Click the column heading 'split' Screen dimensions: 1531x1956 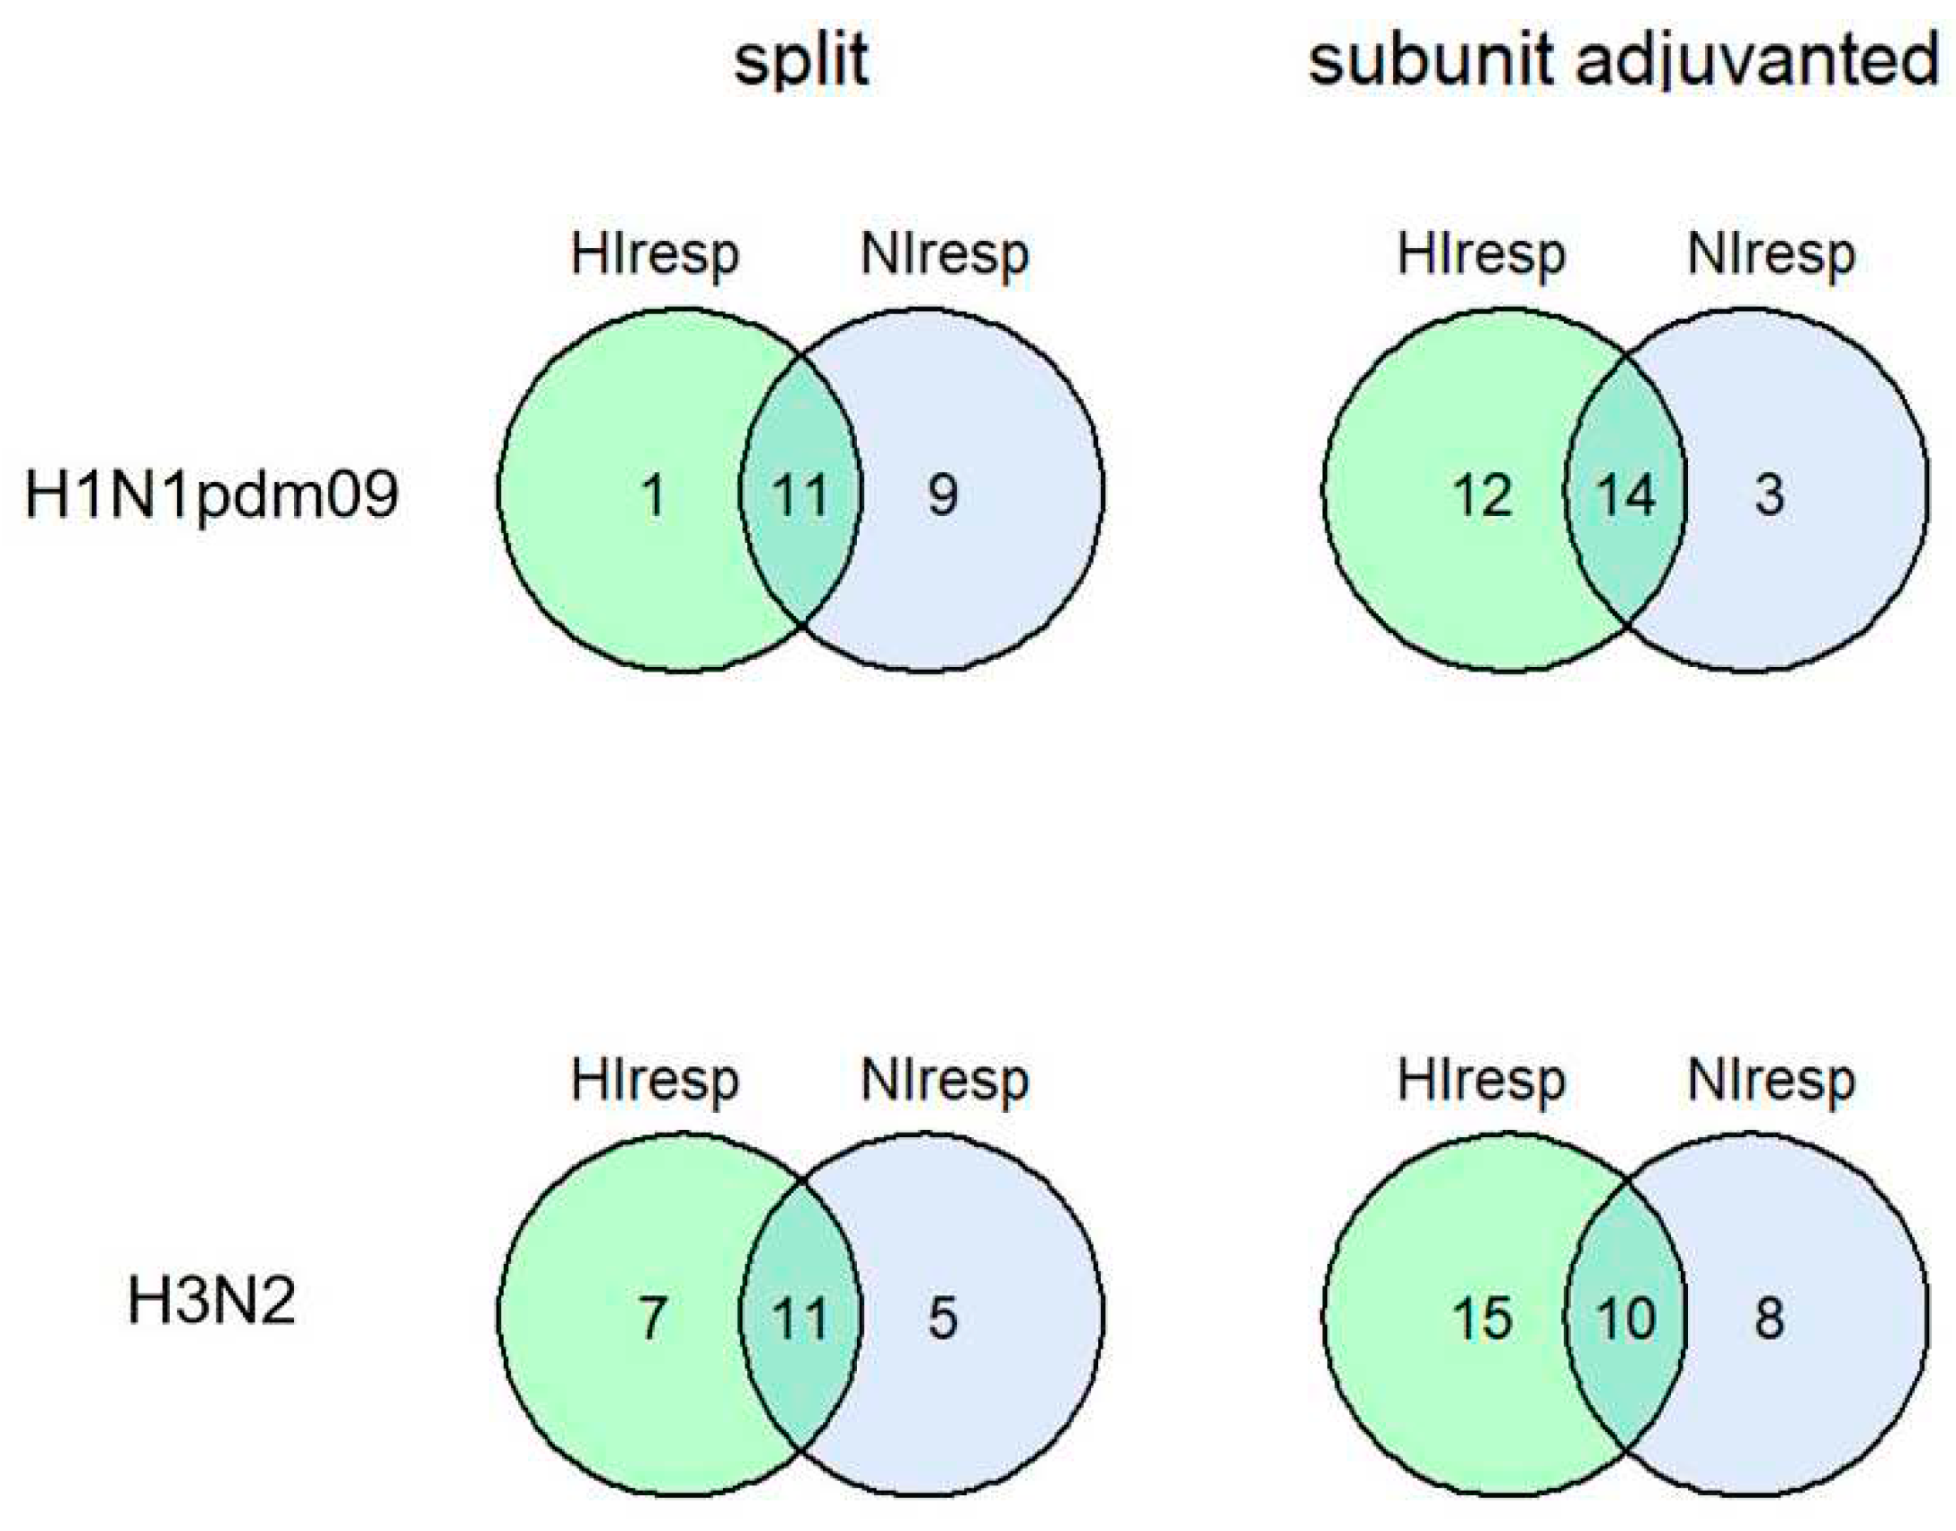click(800, 61)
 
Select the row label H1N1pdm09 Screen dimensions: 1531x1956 click(211, 495)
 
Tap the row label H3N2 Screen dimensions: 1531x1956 click(211, 1301)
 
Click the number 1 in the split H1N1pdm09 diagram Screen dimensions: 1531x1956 click(654, 495)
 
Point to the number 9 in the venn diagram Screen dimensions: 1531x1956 click(942, 495)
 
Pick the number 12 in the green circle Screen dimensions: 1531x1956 click(1482, 495)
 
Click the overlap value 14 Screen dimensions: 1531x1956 click(1625, 495)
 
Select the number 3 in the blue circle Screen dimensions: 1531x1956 click(1769, 495)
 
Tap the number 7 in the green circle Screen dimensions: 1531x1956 click(652, 1319)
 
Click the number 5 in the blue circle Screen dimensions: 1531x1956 click(942, 1319)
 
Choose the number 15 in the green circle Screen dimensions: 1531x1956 click(1482, 1319)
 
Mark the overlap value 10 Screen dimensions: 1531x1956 click(1625, 1319)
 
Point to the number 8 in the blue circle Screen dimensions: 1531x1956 click(1769, 1319)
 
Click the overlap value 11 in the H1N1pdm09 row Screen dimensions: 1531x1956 click(799, 495)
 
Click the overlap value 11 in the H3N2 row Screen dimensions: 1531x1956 click(799, 1319)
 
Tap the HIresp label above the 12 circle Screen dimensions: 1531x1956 click(1480, 255)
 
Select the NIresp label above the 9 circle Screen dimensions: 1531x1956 click(944, 255)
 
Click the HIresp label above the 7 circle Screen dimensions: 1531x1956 click(655, 1081)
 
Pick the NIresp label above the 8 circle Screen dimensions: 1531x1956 click(1771, 1081)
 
